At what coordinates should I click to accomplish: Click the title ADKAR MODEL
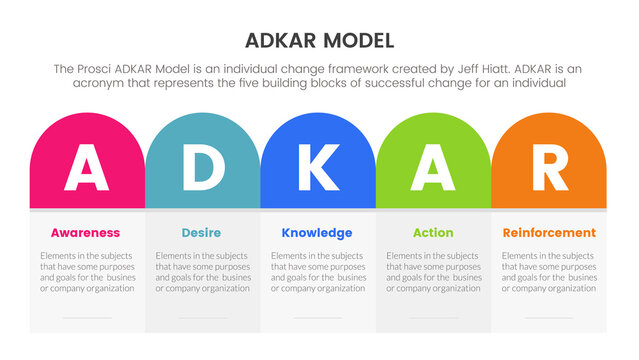[319, 41]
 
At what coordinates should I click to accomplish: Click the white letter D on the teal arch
[202, 168]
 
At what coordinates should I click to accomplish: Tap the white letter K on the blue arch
[318, 168]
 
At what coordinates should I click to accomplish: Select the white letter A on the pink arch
[87, 168]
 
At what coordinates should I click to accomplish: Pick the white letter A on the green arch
[433, 168]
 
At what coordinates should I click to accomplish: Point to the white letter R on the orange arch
[549, 168]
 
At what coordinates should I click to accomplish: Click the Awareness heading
[86, 233]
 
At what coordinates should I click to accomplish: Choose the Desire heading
[202, 233]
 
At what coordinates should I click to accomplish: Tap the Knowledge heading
[317, 233]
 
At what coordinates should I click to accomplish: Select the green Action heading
[433, 233]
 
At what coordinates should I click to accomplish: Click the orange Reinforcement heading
[548, 233]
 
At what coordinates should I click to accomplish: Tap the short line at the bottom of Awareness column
[87, 318]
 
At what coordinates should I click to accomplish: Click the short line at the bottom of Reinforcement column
[548, 318]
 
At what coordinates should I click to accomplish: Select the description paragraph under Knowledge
[318, 271]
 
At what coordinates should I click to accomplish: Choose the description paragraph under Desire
[202, 271]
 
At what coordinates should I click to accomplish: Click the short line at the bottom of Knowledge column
[318, 318]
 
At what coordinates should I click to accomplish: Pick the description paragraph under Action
[433, 271]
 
